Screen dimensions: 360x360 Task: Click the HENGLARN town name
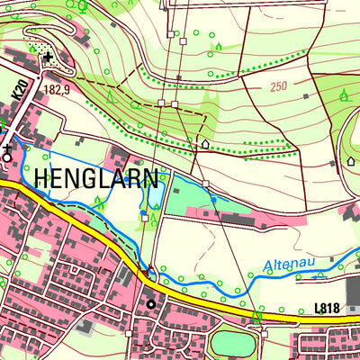[97, 178]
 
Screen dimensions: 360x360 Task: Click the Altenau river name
[290, 265]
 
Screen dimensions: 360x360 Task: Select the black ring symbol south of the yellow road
[151, 304]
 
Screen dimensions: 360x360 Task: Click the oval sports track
[234, 343]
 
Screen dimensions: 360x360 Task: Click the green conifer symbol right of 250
[344, 93]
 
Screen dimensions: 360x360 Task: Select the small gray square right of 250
[307, 94]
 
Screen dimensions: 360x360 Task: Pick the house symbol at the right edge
[351, 161]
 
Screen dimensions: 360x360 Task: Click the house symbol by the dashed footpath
[204, 143]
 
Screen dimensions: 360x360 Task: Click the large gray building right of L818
[351, 291]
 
